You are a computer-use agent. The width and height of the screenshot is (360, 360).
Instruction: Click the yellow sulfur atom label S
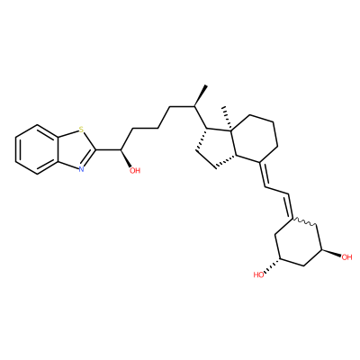click(81, 130)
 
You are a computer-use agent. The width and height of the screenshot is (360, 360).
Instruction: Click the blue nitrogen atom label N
click(81, 169)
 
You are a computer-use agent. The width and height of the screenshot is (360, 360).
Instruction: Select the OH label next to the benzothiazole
click(135, 171)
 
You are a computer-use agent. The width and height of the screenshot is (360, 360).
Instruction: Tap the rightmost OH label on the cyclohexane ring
click(346, 257)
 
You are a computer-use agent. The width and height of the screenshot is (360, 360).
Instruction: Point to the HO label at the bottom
click(259, 274)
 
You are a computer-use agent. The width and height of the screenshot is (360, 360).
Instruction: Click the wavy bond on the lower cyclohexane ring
click(304, 222)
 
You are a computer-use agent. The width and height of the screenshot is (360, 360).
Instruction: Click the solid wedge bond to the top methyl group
click(201, 95)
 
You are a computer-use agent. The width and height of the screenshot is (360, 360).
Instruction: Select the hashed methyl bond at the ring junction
click(227, 118)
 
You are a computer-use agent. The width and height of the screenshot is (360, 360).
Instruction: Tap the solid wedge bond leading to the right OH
click(331, 253)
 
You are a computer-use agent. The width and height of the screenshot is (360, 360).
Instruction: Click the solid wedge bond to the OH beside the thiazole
click(126, 158)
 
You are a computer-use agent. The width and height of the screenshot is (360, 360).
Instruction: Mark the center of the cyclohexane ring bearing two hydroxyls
click(299, 243)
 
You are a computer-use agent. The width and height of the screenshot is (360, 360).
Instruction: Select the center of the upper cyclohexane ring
click(255, 139)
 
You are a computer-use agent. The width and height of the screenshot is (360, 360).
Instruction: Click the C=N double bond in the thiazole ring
click(89, 158)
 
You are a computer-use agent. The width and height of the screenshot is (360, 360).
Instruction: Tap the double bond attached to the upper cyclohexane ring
click(263, 175)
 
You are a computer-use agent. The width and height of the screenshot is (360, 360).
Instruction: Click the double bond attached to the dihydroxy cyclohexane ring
click(291, 206)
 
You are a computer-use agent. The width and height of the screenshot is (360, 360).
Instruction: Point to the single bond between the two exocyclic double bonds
click(277, 191)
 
